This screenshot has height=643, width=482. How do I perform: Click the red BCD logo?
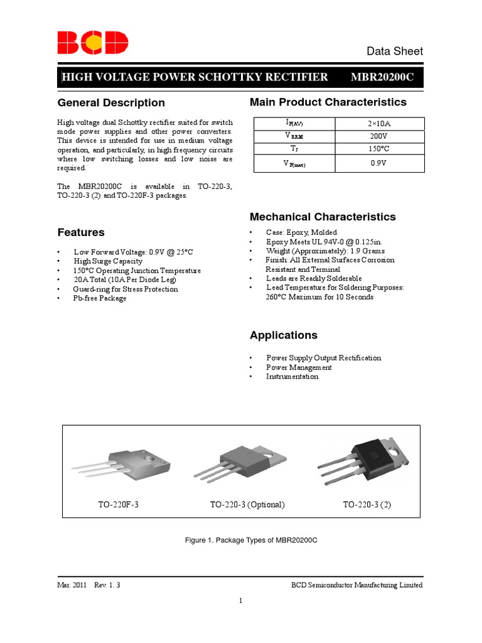pyautogui.click(x=93, y=43)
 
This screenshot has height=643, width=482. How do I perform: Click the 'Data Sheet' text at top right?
pyautogui.click(x=394, y=51)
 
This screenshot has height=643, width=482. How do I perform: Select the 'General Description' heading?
pyautogui.click(x=111, y=103)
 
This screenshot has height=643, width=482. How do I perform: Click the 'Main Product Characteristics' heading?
pyautogui.click(x=328, y=102)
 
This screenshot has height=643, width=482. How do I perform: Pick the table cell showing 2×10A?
pyautogui.click(x=380, y=124)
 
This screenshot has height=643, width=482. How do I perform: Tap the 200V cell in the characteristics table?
pyautogui.click(x=380, y=136)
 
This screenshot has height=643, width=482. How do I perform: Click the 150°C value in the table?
pyautogui.click(x=380, y=149)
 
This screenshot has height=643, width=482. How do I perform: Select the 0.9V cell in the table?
pyautogui.click(x=380, y=163)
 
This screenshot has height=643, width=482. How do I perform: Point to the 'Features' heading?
pyautogui.click(x=81, y=232)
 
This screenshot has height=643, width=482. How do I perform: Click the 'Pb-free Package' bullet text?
pyautogui.click(x=100, y=298)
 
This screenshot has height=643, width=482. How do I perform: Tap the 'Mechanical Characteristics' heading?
pyautogui.click(x=323, y=217)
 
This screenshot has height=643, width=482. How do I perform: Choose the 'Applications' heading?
pyautogui.click(x=284, y=335)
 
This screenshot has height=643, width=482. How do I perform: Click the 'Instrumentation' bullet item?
pyautogui.click(x=292, y=377)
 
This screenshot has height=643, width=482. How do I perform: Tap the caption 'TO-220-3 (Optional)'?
pyautogui.click(x=247, y=505)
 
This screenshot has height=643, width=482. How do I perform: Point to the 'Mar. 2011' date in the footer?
pyautogui.click(x=72, y=585)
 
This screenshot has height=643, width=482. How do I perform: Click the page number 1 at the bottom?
pyautogui.click(x=240, y=601)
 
